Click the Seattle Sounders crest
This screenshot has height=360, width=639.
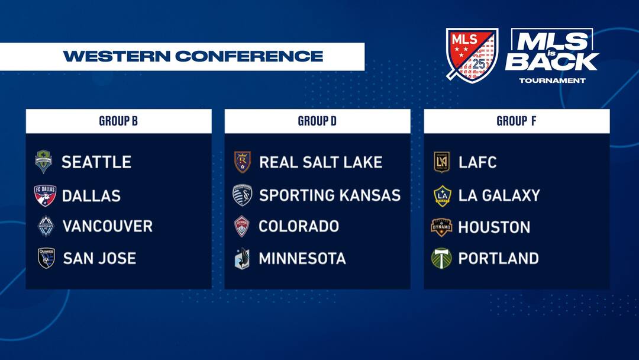coord(44,162)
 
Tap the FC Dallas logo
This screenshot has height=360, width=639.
coord(45,195)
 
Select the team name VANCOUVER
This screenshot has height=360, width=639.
coord(108,226)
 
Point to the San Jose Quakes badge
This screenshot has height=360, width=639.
coord(46,258)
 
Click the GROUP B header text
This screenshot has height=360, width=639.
coord(118,121)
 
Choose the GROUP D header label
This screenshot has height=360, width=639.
coord(317,121)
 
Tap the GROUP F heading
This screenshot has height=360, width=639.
coord(517,121)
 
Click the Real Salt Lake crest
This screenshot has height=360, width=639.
coord(243,162)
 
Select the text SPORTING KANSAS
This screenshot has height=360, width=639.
coord(330,195)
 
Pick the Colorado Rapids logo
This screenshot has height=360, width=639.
coord(241,226)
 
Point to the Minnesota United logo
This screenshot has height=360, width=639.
coord(242,258)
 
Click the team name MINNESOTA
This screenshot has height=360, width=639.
coord(302,259)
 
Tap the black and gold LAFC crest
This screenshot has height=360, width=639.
coord(442,162)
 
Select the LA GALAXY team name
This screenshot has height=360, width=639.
coord(499,195)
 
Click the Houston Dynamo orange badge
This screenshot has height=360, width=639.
coord(441,227)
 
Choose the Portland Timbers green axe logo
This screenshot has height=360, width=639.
coord(441,258)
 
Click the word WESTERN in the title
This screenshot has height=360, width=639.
coord(117,56)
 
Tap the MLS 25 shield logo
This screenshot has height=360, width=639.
coord(472,54)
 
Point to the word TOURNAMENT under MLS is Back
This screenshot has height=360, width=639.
coord(552,81)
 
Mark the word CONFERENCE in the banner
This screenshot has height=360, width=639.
coord(250,56)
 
